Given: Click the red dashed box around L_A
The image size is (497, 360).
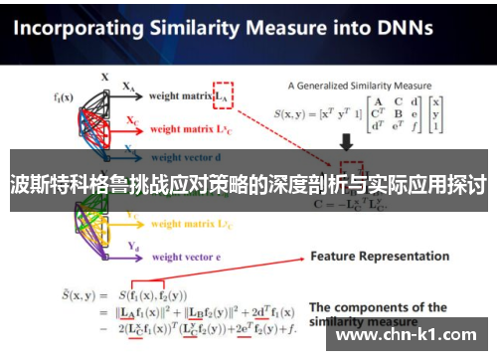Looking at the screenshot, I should point(223,94).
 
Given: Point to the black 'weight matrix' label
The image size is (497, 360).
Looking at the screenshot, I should point(181,96).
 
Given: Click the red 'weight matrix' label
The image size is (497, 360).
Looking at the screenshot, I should point(181,130).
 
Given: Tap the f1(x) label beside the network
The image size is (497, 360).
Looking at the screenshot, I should point(63,96).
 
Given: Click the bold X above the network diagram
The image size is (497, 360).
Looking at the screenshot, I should point(104,76).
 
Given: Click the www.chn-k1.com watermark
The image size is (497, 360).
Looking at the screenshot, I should point(411,336).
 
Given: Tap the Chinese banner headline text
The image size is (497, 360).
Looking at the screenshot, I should point(248,184).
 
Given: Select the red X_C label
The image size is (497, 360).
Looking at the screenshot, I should point(131,120).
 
